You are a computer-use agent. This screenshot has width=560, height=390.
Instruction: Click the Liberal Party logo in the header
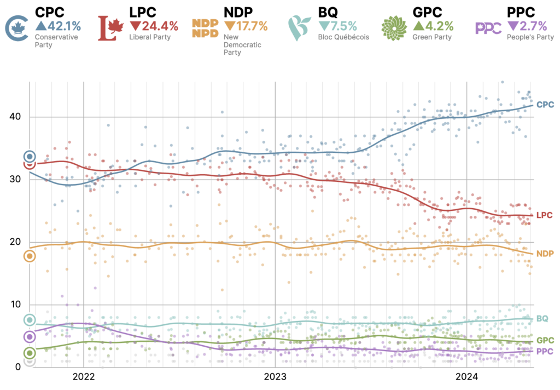[x=111, y=28]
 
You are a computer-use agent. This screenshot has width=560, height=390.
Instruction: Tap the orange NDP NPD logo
[x=205, y=28]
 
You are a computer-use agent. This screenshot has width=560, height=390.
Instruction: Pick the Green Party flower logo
[x=394, y=28]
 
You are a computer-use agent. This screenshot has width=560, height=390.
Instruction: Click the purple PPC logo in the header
[x=488, y=28]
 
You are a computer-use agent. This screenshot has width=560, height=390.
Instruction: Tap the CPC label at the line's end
[x=545, y=104]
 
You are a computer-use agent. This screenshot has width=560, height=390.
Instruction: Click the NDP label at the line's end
[x=545, y=254]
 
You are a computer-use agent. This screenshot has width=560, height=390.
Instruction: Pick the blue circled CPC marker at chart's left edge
[x=30, y=157]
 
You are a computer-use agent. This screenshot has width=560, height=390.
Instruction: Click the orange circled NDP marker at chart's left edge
[x=30, y=256]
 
